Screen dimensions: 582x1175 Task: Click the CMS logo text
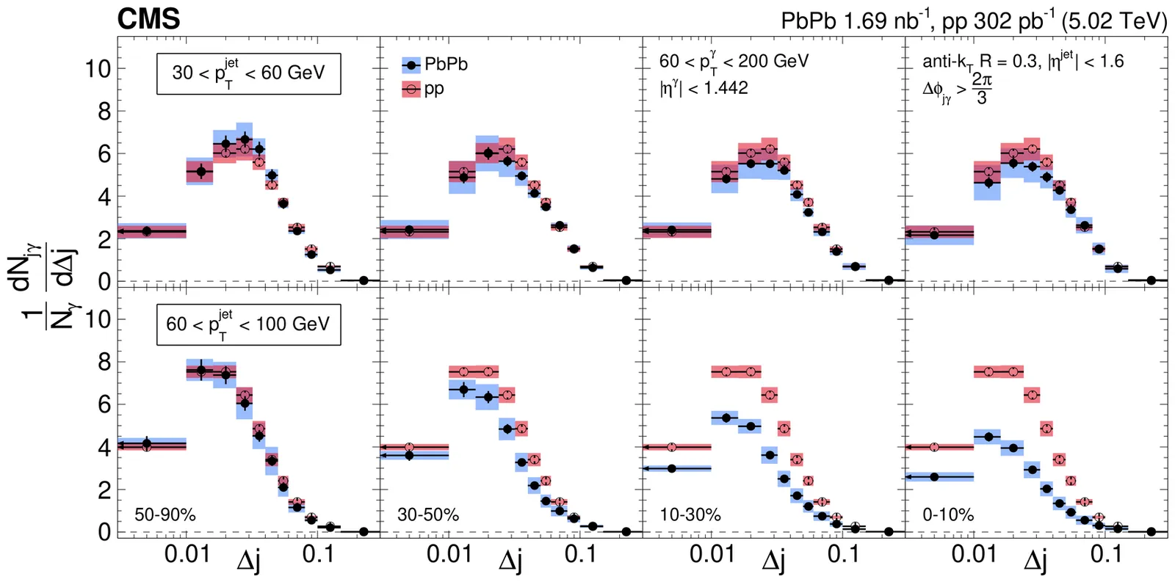[x=148, y=20]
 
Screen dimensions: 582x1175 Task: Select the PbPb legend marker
[x=412, y=65]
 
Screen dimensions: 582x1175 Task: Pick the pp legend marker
[x=412, y=90]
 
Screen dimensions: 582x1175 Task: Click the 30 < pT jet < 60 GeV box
[x=248, y=73]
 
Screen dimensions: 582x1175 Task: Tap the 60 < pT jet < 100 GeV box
[x=248, y=324]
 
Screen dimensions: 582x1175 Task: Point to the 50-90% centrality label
[x=165, y=515]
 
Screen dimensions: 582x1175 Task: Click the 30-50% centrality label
[x=428, y=515]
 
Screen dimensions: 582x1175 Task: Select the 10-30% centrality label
[x=690, y=515]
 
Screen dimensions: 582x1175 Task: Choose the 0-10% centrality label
[x=948, y=515]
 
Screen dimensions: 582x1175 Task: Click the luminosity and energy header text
[x=973, y=21]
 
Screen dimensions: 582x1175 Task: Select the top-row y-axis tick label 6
[x=104, y=154]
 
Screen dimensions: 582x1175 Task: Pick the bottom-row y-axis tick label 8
[x=104, y=362]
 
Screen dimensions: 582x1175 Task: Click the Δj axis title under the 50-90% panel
[x=248, y=561]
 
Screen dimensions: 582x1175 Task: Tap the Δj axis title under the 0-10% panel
[x=1036, y=561]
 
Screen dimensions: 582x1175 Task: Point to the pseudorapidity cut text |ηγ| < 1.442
[x=704, y=88]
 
